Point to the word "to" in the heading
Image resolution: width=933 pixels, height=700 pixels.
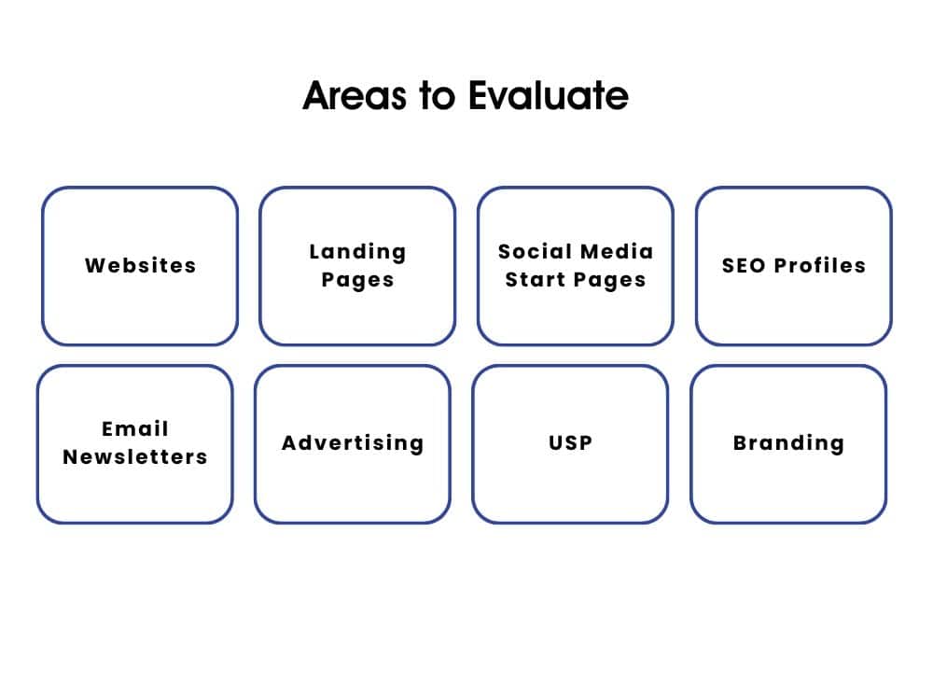[438, 96]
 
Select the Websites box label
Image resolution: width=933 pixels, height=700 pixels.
[140, 266]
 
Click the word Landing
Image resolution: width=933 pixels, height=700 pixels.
[357, 252]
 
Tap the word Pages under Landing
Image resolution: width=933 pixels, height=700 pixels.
[357, 280]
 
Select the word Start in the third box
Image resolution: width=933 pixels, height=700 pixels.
[536, 280]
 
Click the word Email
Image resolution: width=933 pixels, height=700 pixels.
[135, 429]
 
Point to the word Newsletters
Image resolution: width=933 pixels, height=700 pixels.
[135, 457]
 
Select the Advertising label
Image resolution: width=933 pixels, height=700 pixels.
[353, 443]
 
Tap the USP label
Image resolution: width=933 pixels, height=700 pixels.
[570, 443]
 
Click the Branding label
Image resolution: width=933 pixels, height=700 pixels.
[788, 443]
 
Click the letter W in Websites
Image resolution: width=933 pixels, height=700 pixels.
[93, 266]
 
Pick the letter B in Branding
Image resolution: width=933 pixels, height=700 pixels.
[740, 443]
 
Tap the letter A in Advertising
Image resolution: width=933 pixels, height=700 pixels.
[289, 443]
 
